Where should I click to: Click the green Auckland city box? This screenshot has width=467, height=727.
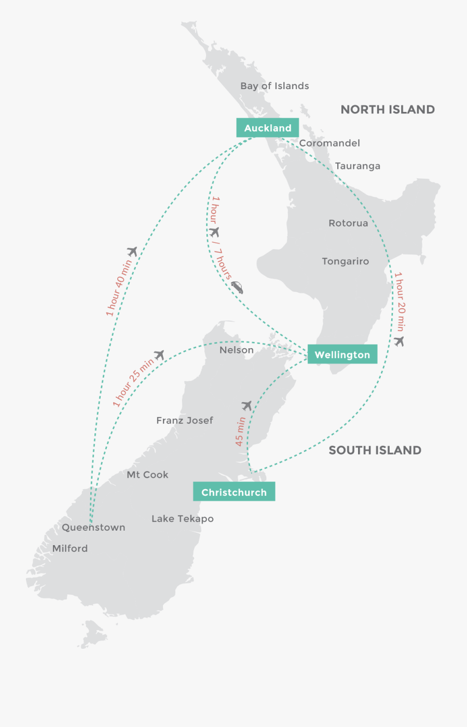coord(268,128)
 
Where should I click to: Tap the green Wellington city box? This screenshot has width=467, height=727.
coord(342,355)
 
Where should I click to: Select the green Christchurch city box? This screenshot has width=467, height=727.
coord(234,492)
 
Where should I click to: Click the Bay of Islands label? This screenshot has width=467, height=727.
coord(274,86)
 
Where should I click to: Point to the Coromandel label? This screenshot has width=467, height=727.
coord(329,143)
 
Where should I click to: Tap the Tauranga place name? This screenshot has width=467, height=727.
coord(358,166)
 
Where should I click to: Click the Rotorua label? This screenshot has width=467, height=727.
coord(348,223)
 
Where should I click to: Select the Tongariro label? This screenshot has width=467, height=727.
coord(345,261)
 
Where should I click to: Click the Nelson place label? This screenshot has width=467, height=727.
coord(237,350)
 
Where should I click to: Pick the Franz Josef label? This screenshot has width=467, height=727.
coord(185,420)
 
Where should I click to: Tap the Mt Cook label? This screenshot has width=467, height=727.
coord(147,475)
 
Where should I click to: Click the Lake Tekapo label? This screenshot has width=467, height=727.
coord(183,519)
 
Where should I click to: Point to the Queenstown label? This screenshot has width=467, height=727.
coord(93,528)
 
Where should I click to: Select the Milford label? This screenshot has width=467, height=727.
coord(70,548)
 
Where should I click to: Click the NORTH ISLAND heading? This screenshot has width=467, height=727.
coord(388,109)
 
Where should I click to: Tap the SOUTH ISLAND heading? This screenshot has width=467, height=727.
coord(375,450)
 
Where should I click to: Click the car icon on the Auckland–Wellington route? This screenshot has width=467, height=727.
coord(237,287)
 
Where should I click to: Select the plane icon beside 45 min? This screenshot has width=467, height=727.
coord(247,406)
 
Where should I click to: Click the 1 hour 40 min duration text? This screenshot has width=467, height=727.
coord(119,288)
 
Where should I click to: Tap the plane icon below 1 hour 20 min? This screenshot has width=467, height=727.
coord(399,341)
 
